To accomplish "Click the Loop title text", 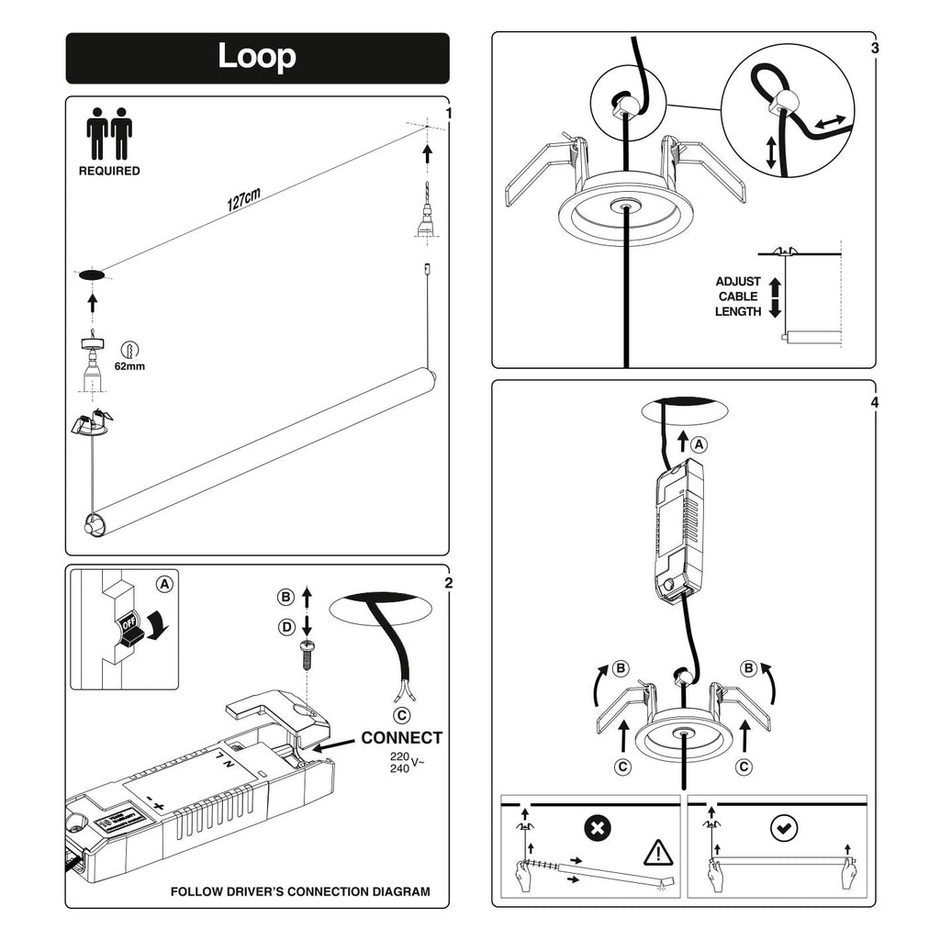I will [x=257, y=57].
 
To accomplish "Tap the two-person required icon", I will [x=109, y=135].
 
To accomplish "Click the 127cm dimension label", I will [x=244, y=200].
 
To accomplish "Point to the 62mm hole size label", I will [x=129, y=366].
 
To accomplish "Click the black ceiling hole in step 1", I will [x=91, y=274].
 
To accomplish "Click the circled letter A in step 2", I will [x=163, y=583].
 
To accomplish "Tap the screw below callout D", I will [x=308, y=654].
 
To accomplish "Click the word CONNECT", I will [x=401, y=738].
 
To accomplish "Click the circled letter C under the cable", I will [x=400, y=715].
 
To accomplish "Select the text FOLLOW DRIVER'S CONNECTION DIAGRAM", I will [x=300, y=891].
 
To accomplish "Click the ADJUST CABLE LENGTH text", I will [x=738, y=297].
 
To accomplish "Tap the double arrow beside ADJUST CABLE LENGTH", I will [x=774, y=297].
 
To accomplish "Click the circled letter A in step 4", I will [x=699, y=444].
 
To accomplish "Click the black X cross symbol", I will [x=598, y=829].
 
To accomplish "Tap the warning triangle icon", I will [x=658, y=854].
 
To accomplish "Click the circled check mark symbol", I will [x=783, y=829].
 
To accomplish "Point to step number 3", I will [x=874, y=48].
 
